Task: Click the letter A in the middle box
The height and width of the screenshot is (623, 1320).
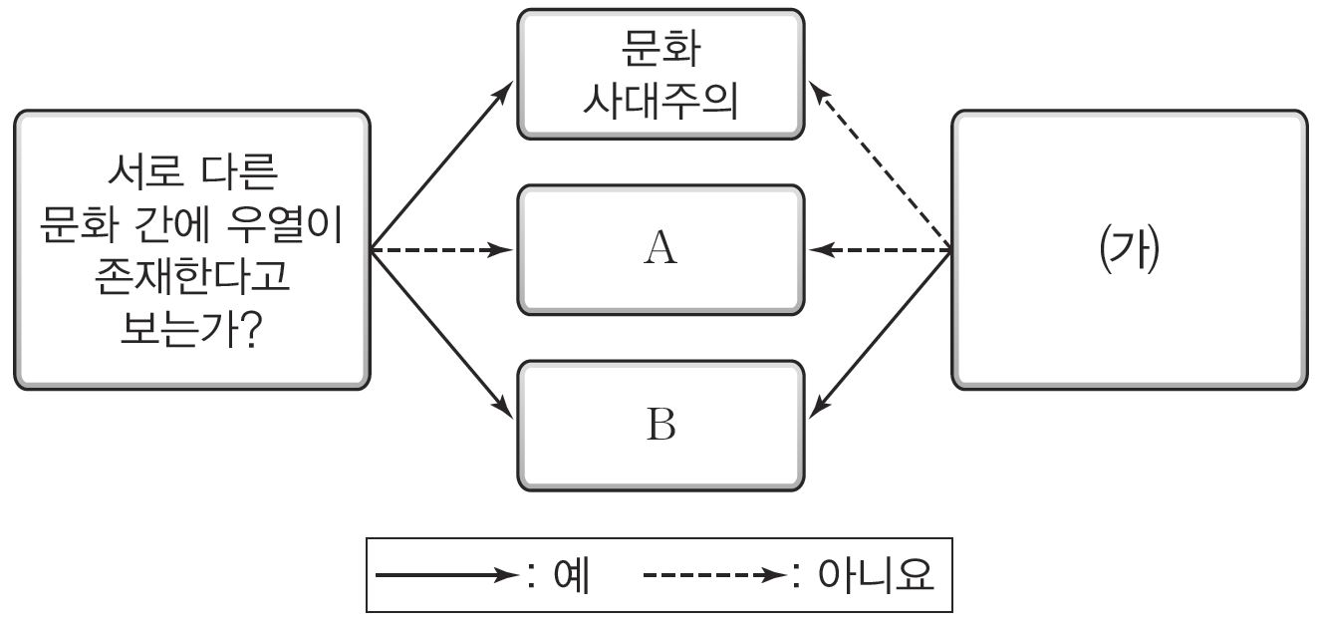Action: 660,249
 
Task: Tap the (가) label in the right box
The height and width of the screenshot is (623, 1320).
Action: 1128,249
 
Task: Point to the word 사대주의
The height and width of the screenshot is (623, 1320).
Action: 660,100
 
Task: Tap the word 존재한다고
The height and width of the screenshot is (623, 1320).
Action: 192,279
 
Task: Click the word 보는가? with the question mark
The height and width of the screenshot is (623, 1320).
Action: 192,332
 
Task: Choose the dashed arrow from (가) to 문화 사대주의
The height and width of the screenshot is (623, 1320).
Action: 880,166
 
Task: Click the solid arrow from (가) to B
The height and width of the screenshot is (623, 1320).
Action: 880,331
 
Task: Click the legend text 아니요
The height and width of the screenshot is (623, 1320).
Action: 875,575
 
